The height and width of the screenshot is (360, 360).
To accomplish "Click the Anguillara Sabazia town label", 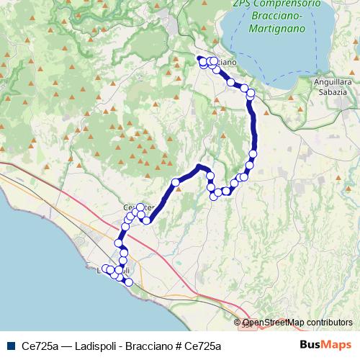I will pos(333,87).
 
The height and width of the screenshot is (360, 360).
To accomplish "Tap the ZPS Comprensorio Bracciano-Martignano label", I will pos(276,16).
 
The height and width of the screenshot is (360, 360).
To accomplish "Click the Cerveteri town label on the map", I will pos(139,208).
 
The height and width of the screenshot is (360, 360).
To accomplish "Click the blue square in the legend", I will pos(9,346).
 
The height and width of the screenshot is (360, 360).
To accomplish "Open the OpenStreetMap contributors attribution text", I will pos(297,323).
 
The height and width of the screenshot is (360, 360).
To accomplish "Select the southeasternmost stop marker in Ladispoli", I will pos(129,282).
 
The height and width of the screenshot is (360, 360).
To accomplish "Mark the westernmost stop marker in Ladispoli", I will pos(106,269).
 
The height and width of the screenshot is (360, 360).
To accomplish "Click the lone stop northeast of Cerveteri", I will pos(176,182).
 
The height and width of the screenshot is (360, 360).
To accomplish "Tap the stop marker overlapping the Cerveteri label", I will pos(140,207).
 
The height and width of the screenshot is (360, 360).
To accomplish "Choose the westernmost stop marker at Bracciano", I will pos(202,60).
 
